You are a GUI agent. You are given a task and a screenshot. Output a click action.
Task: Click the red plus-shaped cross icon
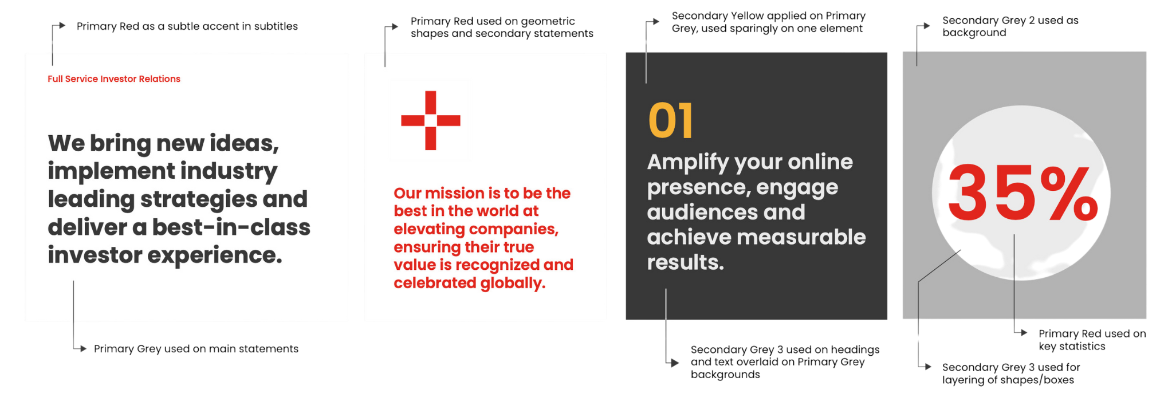[431, 120]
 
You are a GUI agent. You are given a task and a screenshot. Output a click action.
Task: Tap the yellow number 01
[670, 121]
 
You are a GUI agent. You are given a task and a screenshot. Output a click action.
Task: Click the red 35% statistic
[1023, 193]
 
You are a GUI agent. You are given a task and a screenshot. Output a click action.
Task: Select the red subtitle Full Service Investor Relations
[114, 79]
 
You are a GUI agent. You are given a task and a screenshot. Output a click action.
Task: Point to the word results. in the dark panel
[686, 262]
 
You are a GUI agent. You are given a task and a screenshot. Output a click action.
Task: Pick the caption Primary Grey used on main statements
[196, 349]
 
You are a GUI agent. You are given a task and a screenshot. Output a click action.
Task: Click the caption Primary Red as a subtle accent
[187, 26]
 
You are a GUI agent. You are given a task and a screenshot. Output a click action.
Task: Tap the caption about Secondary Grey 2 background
[1010, 26]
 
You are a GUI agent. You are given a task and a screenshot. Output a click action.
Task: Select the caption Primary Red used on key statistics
[1092, 340]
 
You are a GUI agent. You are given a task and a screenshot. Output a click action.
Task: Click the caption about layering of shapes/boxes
[1011, 374]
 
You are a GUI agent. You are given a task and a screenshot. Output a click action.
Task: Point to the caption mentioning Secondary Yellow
[769, 22]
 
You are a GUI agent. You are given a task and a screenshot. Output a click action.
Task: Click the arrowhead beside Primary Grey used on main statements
[83, 348]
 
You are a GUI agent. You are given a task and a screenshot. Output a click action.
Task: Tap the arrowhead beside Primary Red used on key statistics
[1024, 332]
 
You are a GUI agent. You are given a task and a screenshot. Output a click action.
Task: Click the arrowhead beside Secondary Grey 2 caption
[926, 26]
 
